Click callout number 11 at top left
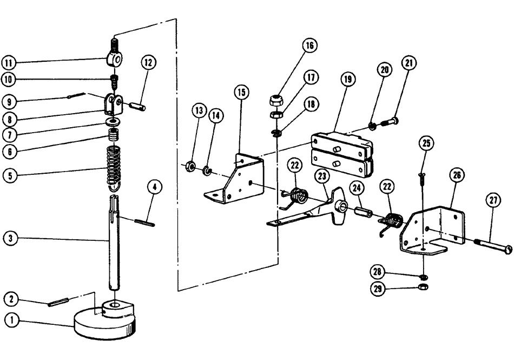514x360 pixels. coord(11,62)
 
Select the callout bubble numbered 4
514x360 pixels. coord(154,188)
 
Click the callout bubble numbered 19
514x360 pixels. coord(347,78)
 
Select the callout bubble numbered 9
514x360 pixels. coord(11,101)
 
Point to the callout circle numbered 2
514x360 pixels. coord(11,298)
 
